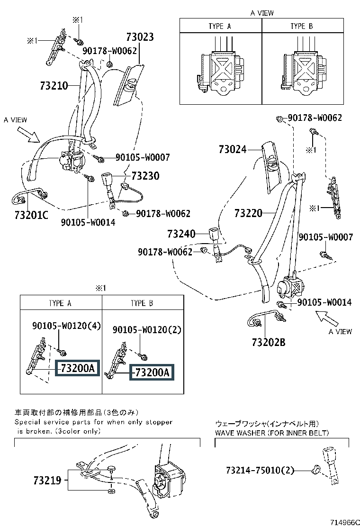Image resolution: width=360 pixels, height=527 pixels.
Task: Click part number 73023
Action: point(140,36)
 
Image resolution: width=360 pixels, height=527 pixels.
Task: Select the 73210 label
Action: point(54,86)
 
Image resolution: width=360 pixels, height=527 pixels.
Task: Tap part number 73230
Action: point(145,175)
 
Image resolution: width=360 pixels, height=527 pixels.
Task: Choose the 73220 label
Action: point(248,213)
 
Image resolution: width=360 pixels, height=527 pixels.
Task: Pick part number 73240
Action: point(181,234)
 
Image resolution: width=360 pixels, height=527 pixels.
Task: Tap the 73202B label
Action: point(269,342)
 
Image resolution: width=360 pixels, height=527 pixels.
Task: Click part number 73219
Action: point(47,480)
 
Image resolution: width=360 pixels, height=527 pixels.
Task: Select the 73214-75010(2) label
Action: point(260,470)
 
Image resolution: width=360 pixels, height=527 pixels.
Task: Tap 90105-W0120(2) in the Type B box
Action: point(147,330)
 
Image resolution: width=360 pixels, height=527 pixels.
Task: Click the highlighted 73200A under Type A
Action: point(78,368)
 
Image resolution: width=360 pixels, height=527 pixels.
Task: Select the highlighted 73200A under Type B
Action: point(152,373)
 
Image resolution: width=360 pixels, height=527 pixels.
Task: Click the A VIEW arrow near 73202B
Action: point(327,318)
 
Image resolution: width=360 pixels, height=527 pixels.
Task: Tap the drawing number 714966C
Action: point(345,522)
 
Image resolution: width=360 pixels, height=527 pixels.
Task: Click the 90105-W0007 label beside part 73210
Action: point(143,157)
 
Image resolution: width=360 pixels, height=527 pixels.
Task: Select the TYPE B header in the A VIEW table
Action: point(302,26)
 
